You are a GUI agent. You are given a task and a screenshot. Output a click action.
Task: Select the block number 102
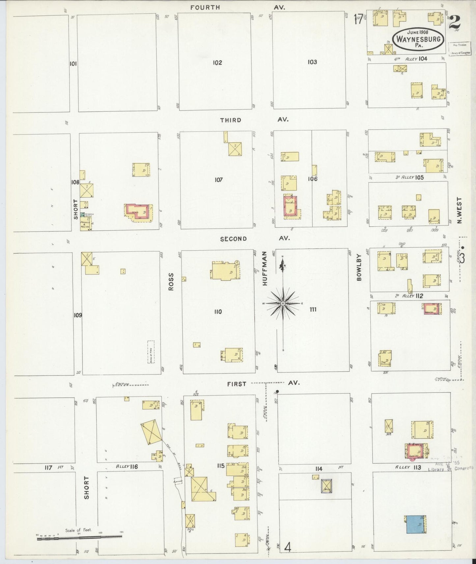click(217, 63)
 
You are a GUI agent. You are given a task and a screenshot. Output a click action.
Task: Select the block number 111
click(313, 309)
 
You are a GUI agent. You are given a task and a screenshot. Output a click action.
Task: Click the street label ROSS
click(171, 282)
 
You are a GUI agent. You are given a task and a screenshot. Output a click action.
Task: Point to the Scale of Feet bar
click(79, 537)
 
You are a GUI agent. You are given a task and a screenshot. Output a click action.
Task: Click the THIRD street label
click(231, 120)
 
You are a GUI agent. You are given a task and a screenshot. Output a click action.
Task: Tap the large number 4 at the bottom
click(288, 548)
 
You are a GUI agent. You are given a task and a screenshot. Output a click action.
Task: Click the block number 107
click(218, 180)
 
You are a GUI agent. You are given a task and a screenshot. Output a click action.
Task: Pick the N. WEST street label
click(460, 211)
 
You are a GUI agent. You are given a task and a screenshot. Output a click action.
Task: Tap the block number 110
click(218, 312)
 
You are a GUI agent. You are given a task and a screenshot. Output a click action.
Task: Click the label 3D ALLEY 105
click(409, 177)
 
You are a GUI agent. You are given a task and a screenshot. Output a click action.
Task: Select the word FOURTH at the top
click(205, 7)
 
